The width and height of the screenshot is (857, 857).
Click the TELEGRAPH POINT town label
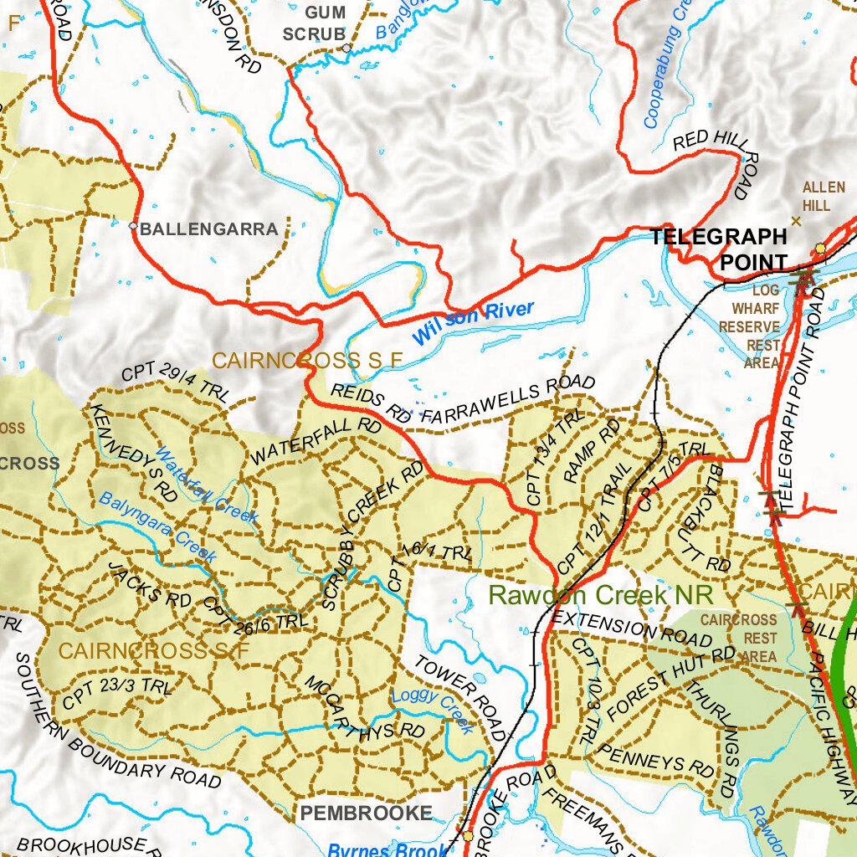[720, 249]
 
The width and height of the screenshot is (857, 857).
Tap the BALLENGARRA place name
[208, 228]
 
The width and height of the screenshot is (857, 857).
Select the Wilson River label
[472, 322]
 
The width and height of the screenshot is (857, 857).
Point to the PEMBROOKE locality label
[367, 813]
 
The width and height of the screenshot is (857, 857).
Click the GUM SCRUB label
[315, 23]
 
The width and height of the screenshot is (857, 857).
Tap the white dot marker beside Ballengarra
[133, 225]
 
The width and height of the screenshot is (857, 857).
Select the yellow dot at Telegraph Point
[820, 249]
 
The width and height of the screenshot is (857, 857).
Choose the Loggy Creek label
[433, 711]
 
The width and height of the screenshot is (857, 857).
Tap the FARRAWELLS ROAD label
[508, 400]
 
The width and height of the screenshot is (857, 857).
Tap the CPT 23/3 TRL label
[116, 694]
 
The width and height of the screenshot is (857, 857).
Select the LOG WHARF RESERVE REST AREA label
[749, 326]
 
